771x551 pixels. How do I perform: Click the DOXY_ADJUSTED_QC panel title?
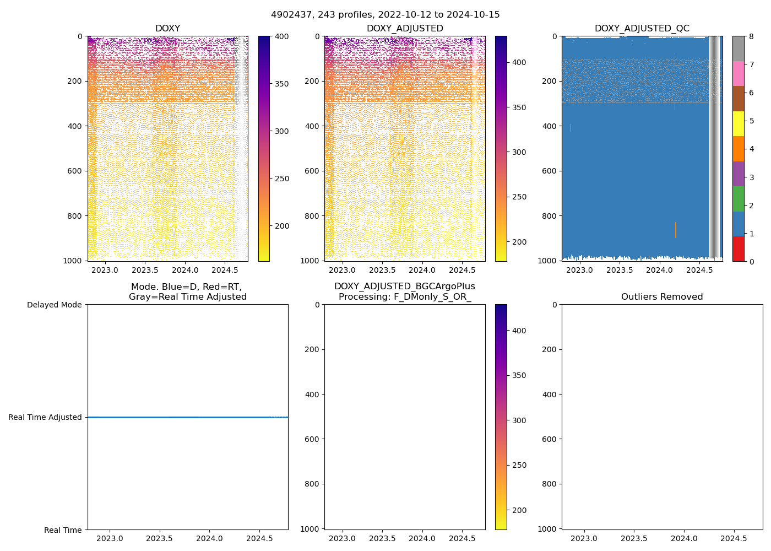tap(642, 29)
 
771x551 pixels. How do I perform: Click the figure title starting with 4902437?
tap(385, 15)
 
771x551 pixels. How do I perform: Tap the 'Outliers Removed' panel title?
tap(662, 297)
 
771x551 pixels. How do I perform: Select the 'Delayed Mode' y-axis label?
tap(54, 305)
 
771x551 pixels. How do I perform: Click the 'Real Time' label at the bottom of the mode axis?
tap(63, 530)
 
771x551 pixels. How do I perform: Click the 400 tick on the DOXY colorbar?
tap(281, 36)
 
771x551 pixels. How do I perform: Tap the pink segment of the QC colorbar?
tap(738, 73)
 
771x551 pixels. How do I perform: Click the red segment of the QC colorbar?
tap(738, 249)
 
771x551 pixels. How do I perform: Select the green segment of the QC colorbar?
tap(738, 199)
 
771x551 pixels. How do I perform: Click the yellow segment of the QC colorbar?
tap(738, 123)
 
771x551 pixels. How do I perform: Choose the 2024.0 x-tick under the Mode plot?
tap(209, 538)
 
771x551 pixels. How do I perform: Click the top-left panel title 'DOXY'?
tap(167, 29)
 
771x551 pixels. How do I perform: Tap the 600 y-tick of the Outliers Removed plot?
tap(550, 439)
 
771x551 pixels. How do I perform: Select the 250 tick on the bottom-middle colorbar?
tap(519, 466)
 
